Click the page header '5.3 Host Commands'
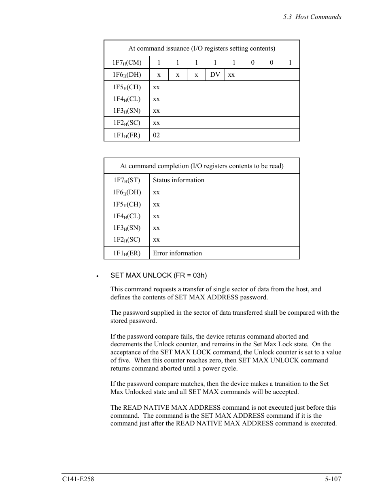(x=312, y=17)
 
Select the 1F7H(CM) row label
(x=127, y=63)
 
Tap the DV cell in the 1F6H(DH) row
(x=215, y=75)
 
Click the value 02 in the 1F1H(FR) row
(x=156, y=135)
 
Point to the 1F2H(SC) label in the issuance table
(x=127, y=123)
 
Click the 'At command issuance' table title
(x=201, y=48)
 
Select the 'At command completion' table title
(x=201, y=166)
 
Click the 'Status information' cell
(x=178, y=180)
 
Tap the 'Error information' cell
(x=177, y=253)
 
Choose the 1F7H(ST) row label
(x=127, y=180)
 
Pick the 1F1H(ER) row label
(x=127, y=253)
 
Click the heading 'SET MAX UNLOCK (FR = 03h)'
(x=159, y=276)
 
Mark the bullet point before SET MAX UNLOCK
(x=98, y=276)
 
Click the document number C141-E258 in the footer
(x=78, y=479)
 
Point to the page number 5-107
(x=333, y=479)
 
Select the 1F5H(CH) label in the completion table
(x=127, y=204)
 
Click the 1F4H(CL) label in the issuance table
(x=127, y=99)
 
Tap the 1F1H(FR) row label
(x=127, y=135)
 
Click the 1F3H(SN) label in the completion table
(x=127, y=228)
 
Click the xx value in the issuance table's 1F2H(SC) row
(x=156, y=123)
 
